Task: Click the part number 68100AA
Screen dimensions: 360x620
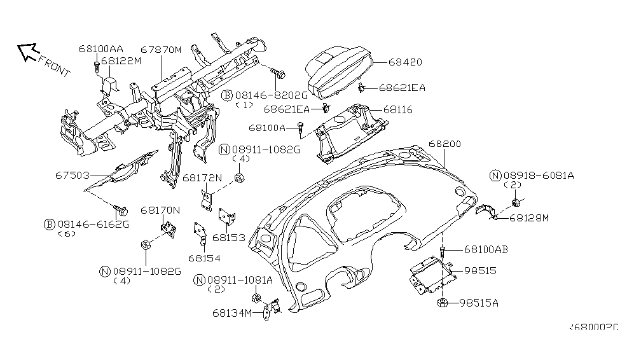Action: tap(101, 48)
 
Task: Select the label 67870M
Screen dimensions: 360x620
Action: tap(161, 48)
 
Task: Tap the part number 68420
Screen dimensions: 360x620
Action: tap(405, 62)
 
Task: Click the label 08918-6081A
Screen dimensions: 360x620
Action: tap(537, 175)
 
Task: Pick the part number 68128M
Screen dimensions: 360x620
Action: tap(529, 218)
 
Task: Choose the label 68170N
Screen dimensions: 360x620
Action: tap(160, 209)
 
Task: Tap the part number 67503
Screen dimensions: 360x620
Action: tap(69, 174)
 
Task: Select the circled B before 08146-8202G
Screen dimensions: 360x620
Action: tap(226, 95)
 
